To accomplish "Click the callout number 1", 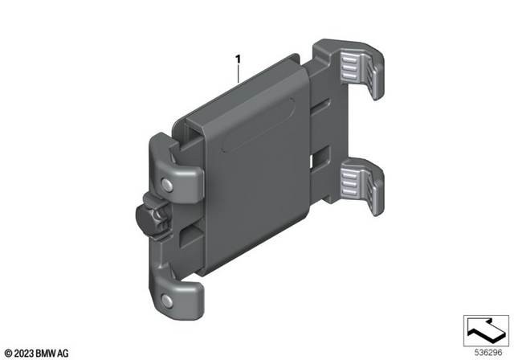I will point(238,58).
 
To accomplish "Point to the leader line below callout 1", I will point(238,73).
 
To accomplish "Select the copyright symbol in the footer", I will point(9,352).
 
